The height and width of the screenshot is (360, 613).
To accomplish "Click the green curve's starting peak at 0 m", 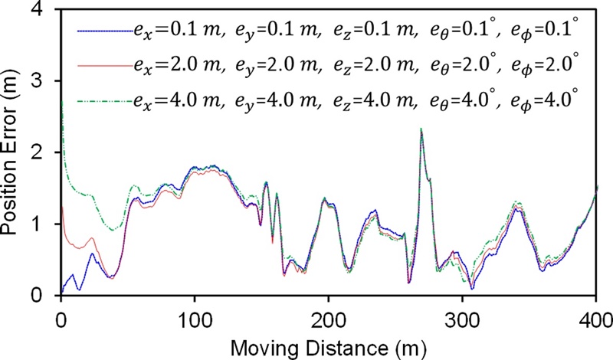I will point(61,103).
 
